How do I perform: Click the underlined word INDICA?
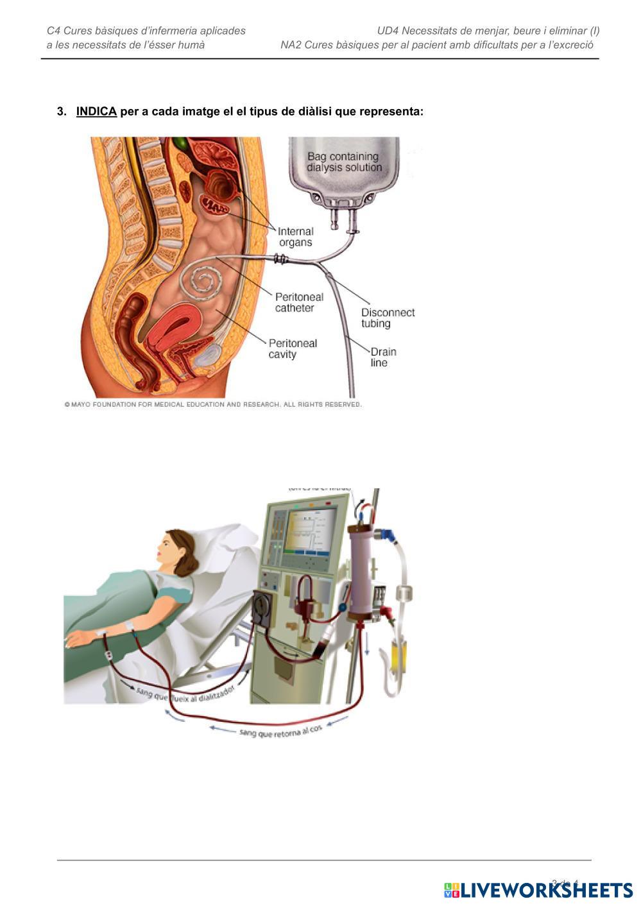(96, 112)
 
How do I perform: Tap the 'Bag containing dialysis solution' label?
(343, 162)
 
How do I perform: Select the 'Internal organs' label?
(296, 237)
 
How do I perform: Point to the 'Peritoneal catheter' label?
(299, 302)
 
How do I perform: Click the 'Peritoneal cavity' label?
(293, 348)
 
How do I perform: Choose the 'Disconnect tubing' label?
(388, 318)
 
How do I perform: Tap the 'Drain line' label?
(383, 357)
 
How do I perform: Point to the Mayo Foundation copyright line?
(213, 405)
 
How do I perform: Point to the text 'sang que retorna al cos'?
(280, 731)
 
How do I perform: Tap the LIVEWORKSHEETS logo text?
(545, 890)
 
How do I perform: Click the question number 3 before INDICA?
(62, 112)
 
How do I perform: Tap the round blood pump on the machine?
(263, 606)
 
